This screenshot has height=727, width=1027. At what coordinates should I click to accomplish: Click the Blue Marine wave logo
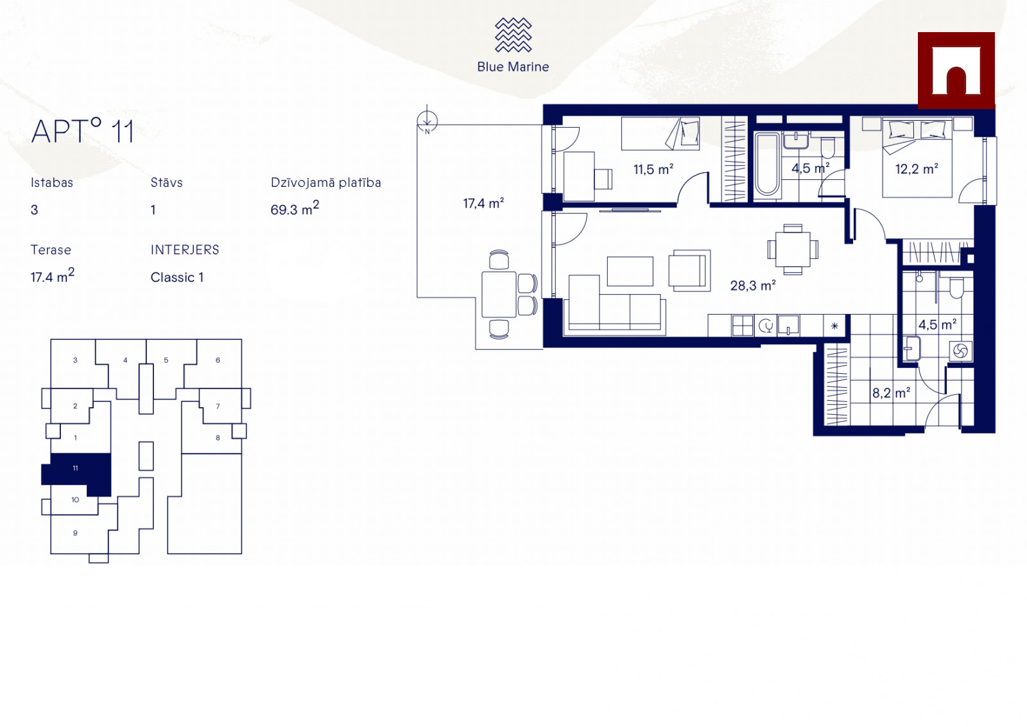[513, 35]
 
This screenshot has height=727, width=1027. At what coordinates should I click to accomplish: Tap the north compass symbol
[427, 121]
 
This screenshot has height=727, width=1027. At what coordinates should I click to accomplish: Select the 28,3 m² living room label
[753, 285]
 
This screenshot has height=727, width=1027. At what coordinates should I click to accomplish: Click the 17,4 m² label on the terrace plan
[483, 203]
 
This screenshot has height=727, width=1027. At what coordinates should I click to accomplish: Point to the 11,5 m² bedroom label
[653, 169]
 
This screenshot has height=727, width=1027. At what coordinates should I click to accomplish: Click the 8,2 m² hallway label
[891, 392]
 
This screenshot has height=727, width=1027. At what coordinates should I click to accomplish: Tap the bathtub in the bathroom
[768, 165]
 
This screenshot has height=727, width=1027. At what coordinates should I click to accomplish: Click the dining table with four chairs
[793, 250]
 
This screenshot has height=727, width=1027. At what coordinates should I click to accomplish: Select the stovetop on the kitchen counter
[742, 326]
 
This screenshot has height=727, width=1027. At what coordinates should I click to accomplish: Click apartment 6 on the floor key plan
[218, 360]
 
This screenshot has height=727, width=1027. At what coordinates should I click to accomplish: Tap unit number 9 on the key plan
[75, 533]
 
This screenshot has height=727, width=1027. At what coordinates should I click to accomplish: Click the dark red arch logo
[956, 71]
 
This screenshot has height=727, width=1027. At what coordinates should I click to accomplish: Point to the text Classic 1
[177, 277]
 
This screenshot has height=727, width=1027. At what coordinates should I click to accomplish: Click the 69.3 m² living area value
[295, 208]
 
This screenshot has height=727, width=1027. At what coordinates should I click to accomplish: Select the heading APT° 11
[83, 131]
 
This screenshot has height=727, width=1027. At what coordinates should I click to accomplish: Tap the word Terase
[51, 250]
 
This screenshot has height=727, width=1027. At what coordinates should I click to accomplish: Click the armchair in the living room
[689, 270]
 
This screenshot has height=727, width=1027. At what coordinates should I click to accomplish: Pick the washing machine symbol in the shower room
[960, 351]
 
